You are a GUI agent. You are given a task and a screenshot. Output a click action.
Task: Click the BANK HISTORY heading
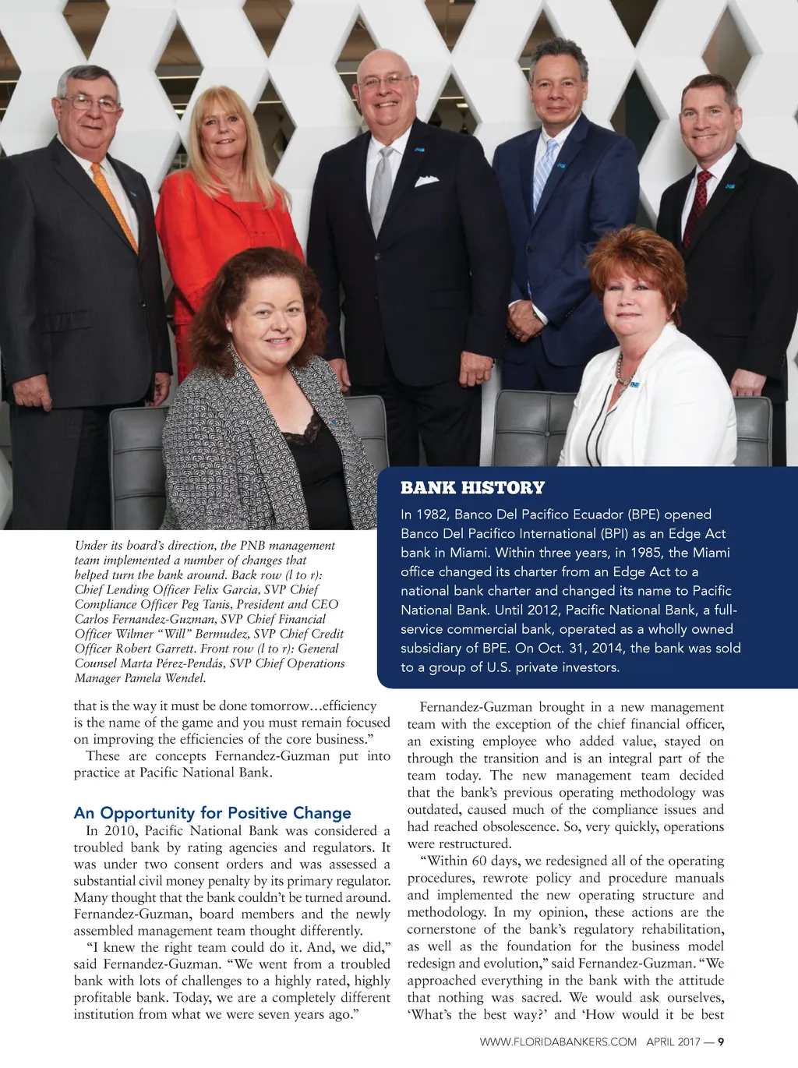pos(472,488)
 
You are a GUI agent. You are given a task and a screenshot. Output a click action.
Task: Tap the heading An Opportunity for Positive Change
pos(212,813)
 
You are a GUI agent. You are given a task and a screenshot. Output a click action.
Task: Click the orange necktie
pos(115,206)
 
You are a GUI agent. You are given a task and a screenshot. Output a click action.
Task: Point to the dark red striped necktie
pos(696,207)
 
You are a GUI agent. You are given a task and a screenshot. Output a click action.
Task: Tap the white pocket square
pos(426,181)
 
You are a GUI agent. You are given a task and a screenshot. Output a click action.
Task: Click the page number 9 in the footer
pos(721,1041)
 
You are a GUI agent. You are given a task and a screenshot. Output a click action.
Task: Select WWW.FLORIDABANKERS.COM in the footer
pos(558,1041)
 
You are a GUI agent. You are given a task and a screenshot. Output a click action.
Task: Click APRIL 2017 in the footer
pos(673,1041)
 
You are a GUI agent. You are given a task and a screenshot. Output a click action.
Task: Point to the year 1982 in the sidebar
pos(432,515)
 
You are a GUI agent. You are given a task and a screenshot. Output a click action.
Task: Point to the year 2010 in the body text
pos(120,830)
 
